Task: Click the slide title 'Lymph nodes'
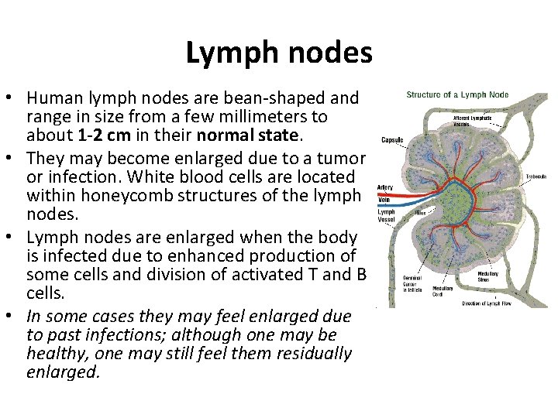tap(279, 52)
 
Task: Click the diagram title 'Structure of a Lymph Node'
tap(458, 95)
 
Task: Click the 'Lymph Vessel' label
tap(386, 214)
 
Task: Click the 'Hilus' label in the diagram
tap(422, 211)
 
